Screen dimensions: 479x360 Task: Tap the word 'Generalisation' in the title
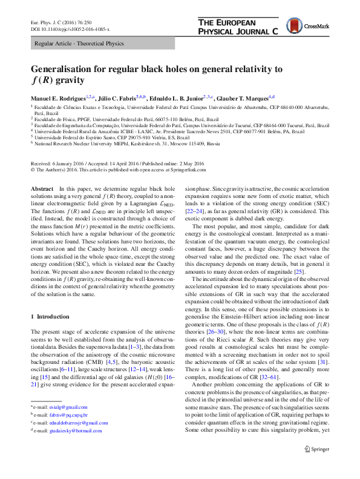pyautogui.click(x=71, y=69)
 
